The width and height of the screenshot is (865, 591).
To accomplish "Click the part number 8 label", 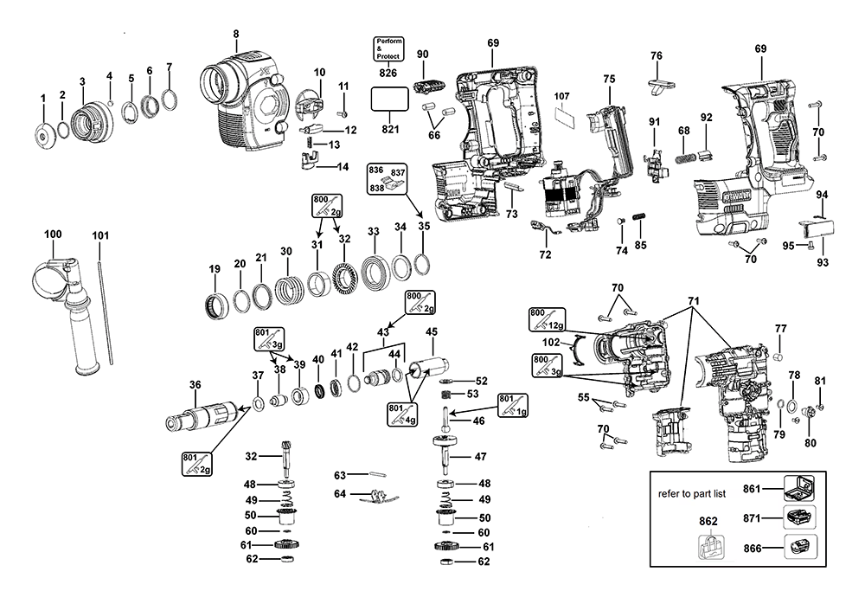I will [234, 34].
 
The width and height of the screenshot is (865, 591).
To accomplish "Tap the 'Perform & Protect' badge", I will [388, 49].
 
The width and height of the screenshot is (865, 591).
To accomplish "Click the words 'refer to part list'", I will [690, 492].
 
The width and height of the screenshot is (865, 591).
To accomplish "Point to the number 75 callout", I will [609, 79].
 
